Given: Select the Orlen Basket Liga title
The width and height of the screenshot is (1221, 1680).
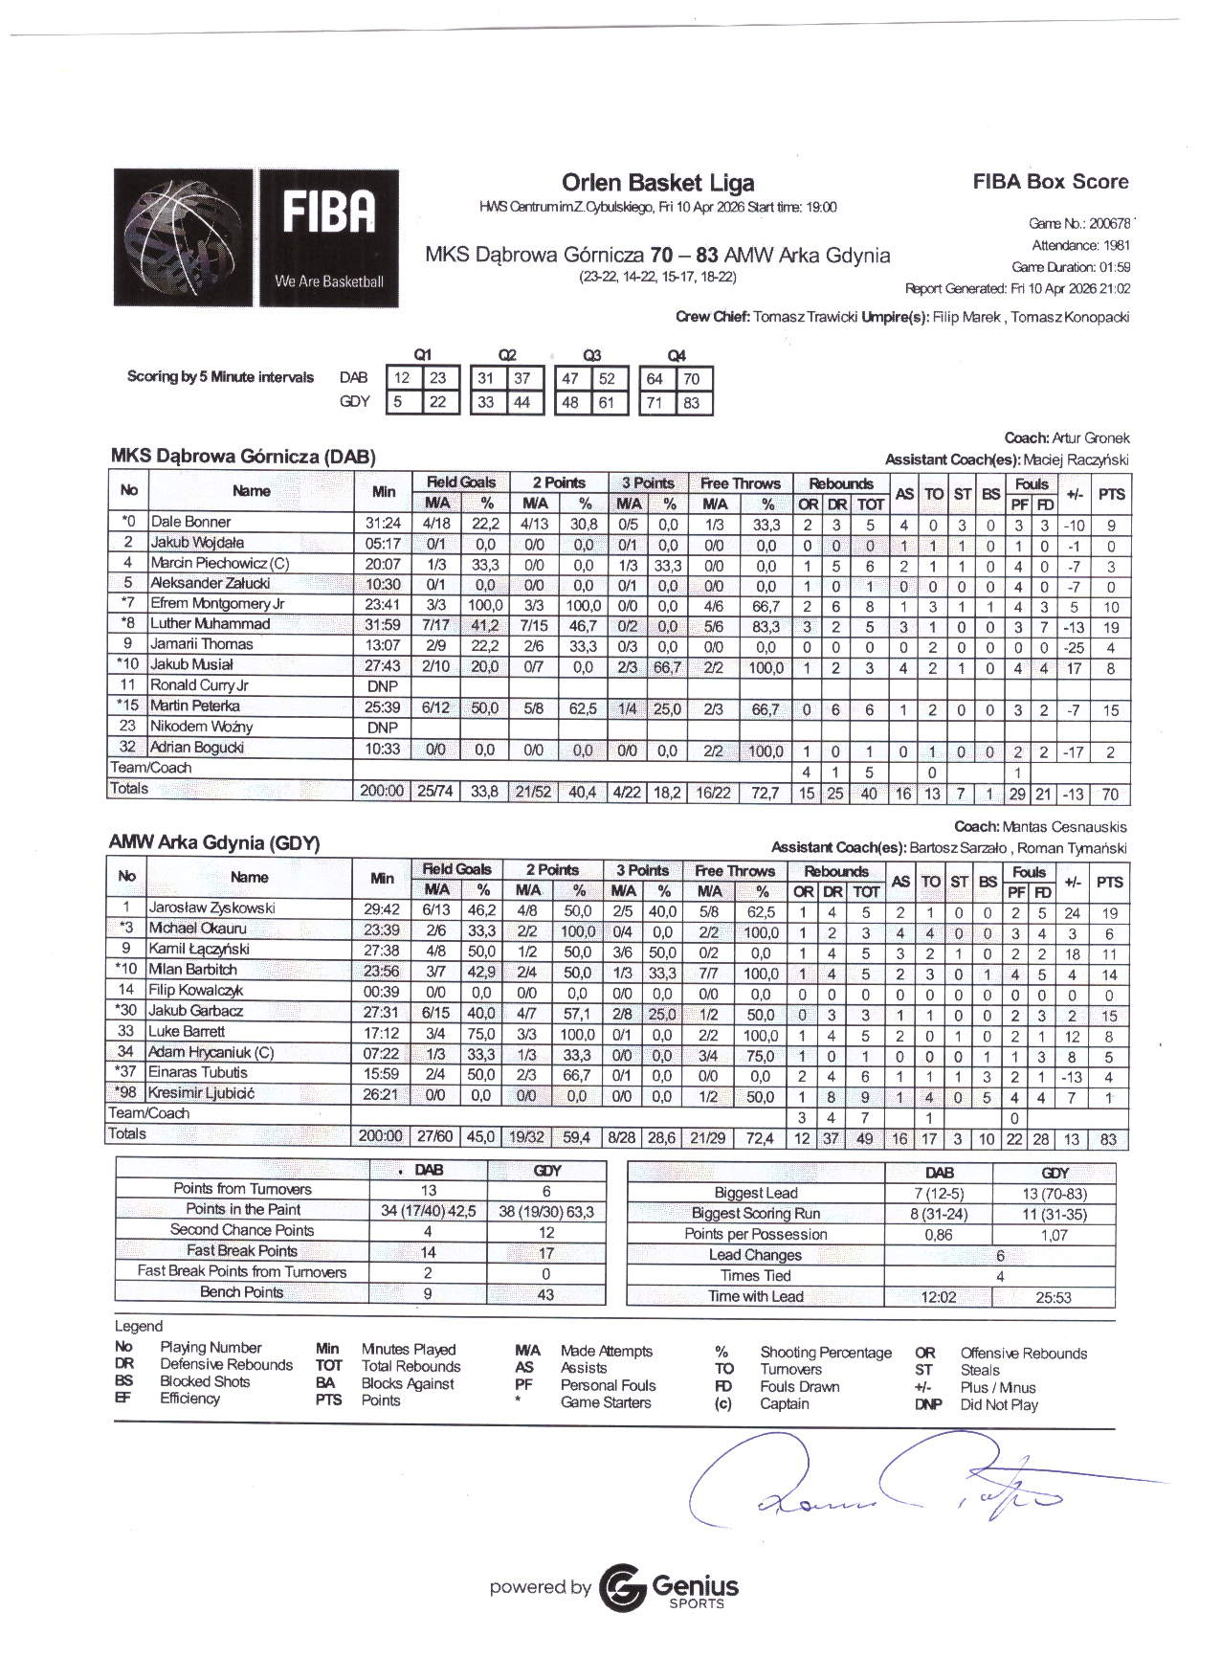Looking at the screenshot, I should [x=657, y=183].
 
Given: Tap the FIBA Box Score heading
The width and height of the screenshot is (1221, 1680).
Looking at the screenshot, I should [x=1050, y=182].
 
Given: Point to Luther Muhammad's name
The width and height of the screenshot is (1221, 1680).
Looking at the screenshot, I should [x=210, y=624].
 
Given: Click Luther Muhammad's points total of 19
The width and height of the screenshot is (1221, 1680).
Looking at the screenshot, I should [x=1110, y=628].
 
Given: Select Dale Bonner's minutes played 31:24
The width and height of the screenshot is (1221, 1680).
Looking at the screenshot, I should [x=383, y=523].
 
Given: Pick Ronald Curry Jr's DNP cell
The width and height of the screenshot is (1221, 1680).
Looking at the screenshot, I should [x=383, y=686].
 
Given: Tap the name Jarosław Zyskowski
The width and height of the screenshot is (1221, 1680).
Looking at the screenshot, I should [x=211, y=907].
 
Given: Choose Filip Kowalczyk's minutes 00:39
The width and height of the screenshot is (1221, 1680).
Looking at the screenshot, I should [x=381, y=991].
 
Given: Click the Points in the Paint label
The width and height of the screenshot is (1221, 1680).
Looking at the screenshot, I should [x=243, y=1209].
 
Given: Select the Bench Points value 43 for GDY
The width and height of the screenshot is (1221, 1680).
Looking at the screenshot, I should [x=545, y=1293].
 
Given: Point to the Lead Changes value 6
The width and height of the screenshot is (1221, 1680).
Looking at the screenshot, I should [x=1000, y=1255].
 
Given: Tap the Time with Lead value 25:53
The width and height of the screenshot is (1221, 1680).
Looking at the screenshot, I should [x=1053, y=1297].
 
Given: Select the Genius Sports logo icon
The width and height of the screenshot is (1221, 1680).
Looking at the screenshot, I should [x=622, y=1587].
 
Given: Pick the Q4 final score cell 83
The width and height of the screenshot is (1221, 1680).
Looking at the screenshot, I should [x=691, y=403].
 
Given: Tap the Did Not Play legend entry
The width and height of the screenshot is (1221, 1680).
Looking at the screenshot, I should [x=998, y=1404].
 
